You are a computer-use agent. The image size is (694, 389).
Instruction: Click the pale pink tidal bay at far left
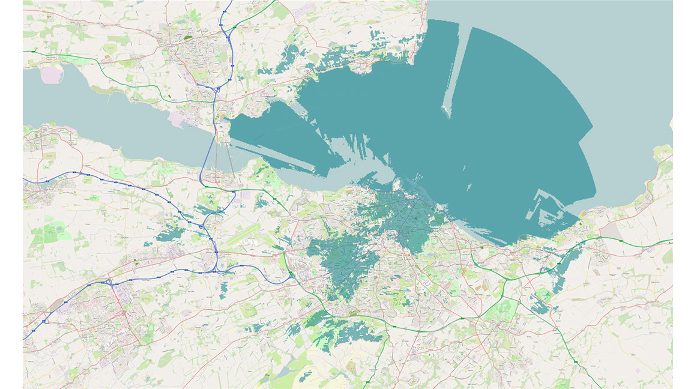pos(52,75)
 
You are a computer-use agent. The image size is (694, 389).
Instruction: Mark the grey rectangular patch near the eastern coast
pos(612,232)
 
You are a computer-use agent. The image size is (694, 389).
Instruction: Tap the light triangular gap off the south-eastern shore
pos(543,207)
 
